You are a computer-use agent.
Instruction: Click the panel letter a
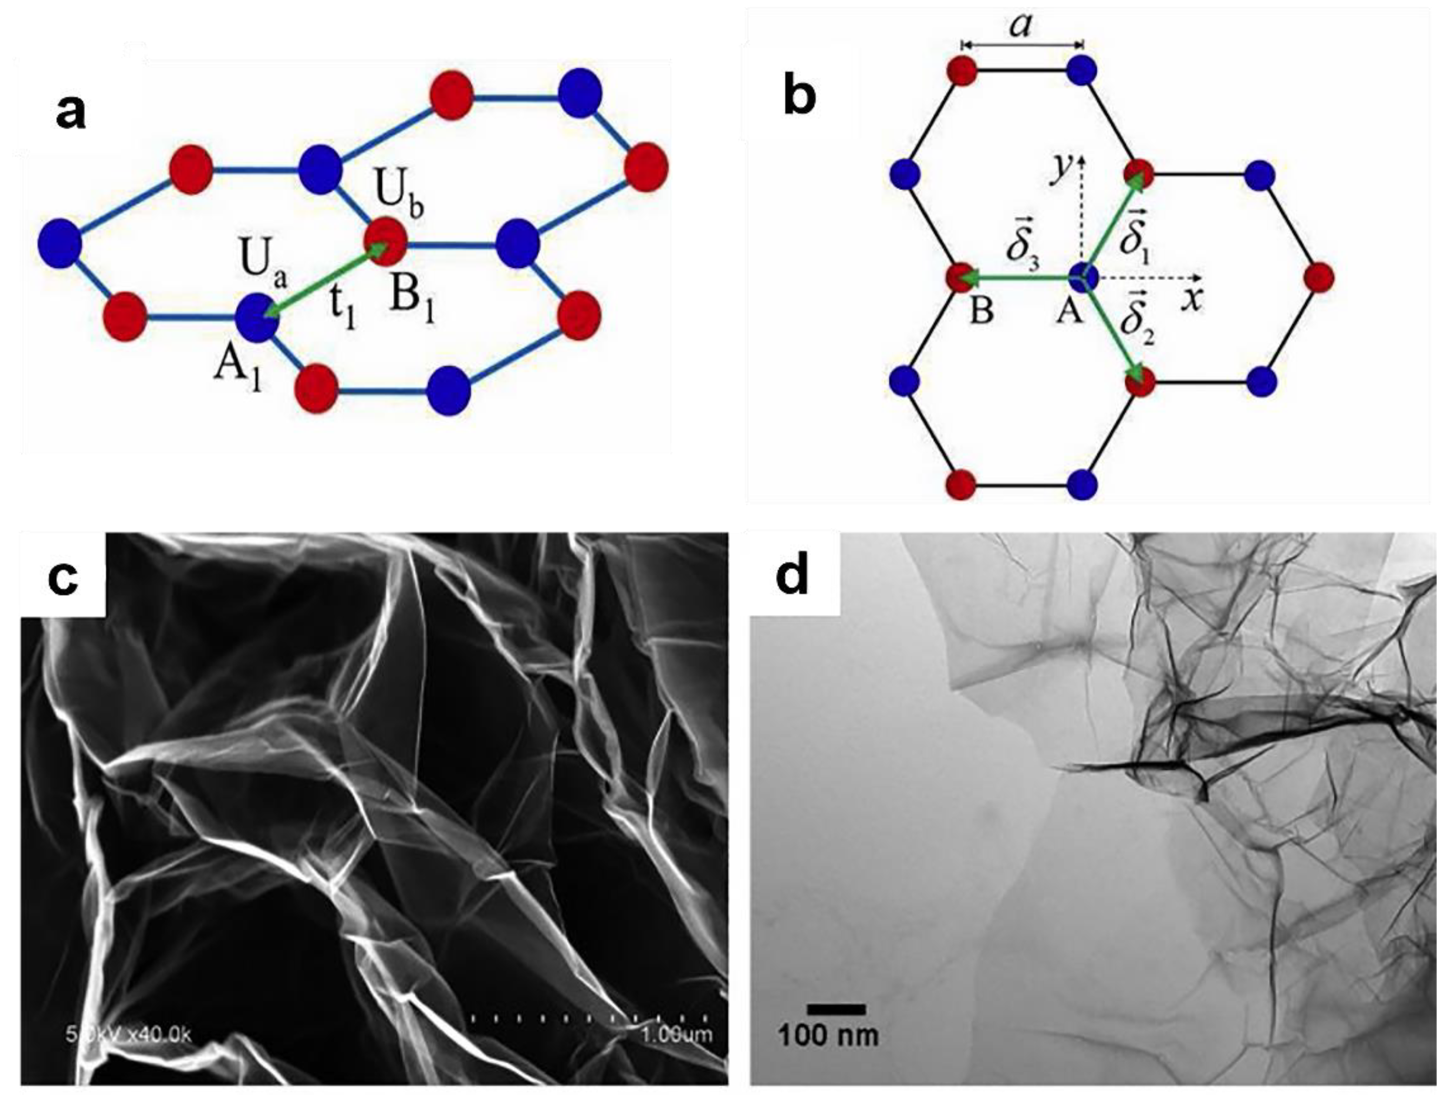click(x=71, y=111)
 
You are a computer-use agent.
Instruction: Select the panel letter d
click(x=792, y=577)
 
